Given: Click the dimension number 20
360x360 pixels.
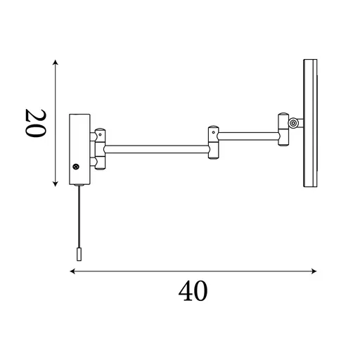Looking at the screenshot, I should [35, 124].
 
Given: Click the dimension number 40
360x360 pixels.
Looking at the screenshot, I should [193, 290].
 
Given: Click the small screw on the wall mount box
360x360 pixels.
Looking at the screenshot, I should [76, 167].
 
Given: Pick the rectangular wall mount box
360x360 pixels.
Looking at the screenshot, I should [78, 148].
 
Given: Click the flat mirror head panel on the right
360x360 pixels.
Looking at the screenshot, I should [309, 124].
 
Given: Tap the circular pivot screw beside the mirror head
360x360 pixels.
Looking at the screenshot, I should [292, 124].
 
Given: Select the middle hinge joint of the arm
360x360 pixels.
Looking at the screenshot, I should [212, 141].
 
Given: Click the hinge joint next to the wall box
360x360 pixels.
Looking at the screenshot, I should [101, 148].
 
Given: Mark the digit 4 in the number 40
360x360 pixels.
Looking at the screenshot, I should [185, 290].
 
